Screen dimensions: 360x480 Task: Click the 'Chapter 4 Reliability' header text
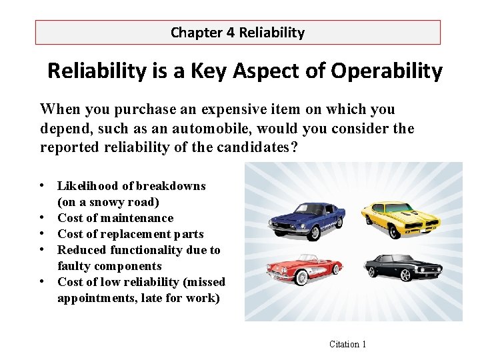click(x=237, y=32)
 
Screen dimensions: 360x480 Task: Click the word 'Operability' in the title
click(x=385, y=71)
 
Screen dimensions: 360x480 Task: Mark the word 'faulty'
click(x=73, y=266)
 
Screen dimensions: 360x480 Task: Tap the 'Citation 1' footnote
click(x=348, y=344)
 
